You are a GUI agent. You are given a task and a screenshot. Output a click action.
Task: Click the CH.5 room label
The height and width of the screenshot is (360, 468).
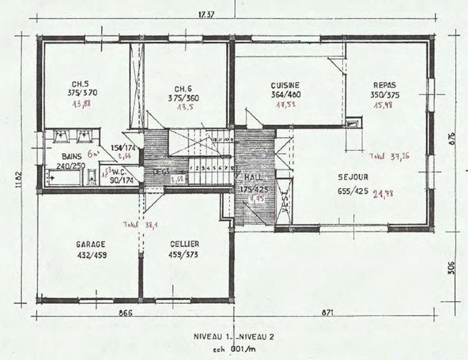(x=81, y=83)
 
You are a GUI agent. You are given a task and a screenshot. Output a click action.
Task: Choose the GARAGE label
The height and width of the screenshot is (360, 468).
(x=90, y=244)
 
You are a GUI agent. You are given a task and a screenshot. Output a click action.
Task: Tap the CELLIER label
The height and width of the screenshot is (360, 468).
(x=185, y=244)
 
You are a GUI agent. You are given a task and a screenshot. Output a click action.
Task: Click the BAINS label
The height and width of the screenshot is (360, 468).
(x=73, y=157)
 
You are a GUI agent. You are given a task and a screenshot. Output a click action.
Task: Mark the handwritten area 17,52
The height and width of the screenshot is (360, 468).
(x=287, y=106)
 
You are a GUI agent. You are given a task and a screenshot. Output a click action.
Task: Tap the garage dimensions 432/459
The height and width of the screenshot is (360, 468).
(x=90, y=254)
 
